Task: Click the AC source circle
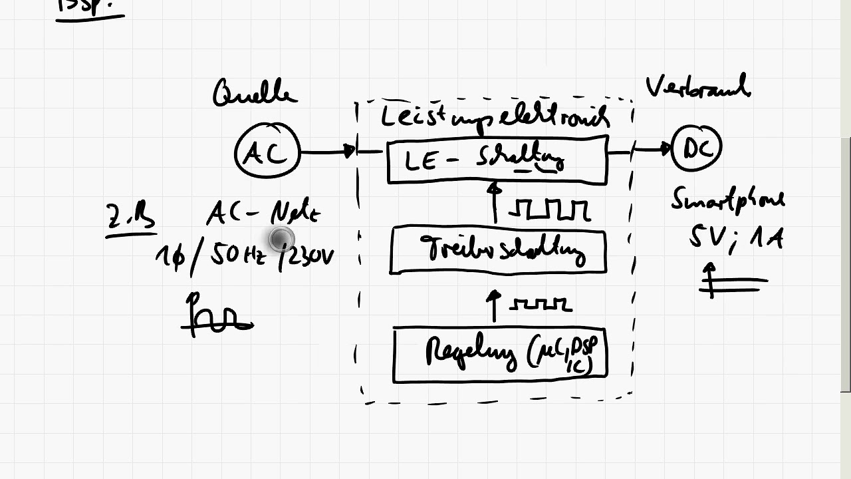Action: [268, 152]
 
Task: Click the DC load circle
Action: [696, 149]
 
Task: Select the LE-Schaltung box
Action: [497, 160]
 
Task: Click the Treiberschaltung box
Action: [498, 250]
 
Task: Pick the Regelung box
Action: [500, 355]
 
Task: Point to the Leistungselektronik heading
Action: [495, 117]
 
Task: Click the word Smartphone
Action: [727, 200]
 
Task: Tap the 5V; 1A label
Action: [735, 237]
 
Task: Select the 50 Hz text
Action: [239, 255]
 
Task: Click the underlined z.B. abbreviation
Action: [130, 218]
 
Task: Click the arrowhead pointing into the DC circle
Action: [665, 149]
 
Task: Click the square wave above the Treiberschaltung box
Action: [549, 210]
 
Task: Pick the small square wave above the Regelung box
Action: [540, 304]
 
